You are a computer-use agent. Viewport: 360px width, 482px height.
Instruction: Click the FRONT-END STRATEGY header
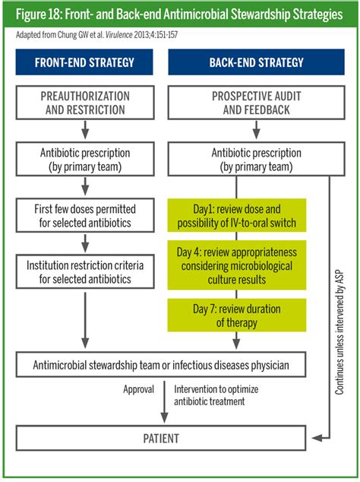[x=84, y=62]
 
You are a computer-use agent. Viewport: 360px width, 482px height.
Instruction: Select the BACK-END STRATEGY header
[x=256, y=62]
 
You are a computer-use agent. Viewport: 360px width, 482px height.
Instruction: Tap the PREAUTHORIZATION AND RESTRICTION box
[x=85, y=103]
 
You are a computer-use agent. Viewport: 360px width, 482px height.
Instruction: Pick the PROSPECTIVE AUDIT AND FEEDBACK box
[x=256, y=103]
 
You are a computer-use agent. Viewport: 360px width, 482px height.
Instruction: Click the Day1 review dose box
[x=236, y=215]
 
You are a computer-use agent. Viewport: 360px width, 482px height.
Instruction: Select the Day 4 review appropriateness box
[x=236, y=265]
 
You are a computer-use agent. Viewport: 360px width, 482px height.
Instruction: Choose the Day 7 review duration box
[x=236, y=315]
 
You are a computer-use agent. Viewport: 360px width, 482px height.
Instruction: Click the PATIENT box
[x=161, y=439]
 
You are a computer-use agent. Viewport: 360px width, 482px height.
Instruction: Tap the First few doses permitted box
[x=85, y=215]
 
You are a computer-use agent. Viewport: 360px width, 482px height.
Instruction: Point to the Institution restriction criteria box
[x=85, y=271]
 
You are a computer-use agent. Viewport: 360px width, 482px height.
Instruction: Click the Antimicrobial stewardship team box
[x=161, y=365]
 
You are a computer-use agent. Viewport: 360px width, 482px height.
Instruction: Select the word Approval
[x=138, y=389]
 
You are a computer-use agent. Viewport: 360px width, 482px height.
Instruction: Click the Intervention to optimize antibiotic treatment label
[x=216, y=395]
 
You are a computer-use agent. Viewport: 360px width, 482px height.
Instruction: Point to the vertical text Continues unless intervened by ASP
[x=339, y=332]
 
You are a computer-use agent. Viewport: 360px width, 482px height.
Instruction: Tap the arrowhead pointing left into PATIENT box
[x=317, y=438]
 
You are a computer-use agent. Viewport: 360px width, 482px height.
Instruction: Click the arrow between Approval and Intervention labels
[x=164, y=401]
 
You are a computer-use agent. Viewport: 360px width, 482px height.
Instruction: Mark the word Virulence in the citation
[x=119, y=35]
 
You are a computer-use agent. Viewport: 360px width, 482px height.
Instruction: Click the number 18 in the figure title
[x=55, y=14]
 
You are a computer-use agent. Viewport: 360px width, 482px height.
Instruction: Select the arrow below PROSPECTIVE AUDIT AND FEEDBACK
[x=256, y=130]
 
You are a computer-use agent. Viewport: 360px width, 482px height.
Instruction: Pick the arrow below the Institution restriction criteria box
[x=85, y=320]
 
